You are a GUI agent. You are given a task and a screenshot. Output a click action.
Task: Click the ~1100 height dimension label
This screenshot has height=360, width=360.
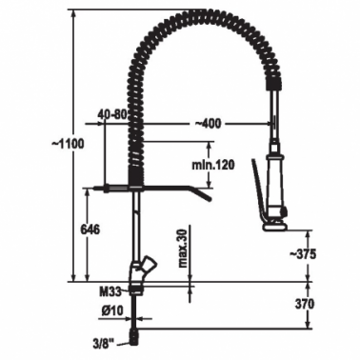point(68,144)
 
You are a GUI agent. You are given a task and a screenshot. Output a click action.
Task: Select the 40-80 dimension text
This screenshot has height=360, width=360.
point(112,114)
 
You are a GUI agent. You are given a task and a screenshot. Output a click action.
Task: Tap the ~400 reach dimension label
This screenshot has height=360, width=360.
point(207,123)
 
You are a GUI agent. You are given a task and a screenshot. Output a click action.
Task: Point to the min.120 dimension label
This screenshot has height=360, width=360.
point(213,165)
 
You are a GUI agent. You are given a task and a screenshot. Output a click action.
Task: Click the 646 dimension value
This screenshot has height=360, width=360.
point(90,229)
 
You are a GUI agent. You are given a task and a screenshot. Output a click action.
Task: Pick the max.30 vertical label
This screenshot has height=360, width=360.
point(183,249)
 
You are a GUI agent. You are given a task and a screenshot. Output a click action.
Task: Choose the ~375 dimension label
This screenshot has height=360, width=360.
point(302,253)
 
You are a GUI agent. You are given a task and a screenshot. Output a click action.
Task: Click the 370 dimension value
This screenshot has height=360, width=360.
point(305,304)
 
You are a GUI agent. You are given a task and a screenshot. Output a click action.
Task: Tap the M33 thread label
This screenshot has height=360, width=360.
point(110,291)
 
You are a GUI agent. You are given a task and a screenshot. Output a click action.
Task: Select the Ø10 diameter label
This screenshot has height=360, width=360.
point(112,311)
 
